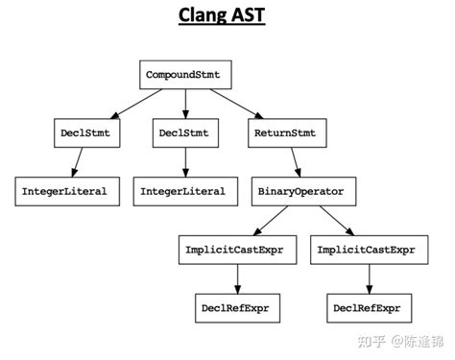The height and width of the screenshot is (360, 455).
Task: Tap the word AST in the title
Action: [249, 14]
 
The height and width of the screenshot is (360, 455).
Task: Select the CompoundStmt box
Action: [185, 75]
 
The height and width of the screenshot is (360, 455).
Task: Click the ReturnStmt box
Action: [287, 133]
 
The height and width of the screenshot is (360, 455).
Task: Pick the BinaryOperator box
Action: [304, 191]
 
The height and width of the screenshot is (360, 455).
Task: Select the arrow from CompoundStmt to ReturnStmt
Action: [237, 104]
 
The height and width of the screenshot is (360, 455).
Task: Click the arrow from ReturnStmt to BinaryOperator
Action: [296, 162]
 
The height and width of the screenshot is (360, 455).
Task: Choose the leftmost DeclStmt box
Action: [87, 133]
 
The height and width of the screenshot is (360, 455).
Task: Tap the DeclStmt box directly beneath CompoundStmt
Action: [185, 133]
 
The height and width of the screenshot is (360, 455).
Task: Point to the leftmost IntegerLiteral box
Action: [67, 191]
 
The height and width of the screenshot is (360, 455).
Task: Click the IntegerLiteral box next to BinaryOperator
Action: [185, 191]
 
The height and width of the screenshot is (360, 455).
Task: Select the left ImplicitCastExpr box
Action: [238, 250]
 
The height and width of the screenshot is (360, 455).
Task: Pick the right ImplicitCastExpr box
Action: [370, 250]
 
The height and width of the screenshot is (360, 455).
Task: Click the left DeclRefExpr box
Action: [238, 308]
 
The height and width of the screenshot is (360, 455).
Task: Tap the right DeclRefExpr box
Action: [370, 308]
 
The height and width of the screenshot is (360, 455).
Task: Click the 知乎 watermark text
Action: [371, 342]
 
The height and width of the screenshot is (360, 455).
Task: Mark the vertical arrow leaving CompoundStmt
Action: [185, 104]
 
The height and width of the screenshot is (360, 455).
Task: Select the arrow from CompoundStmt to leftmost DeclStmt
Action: [136, 104]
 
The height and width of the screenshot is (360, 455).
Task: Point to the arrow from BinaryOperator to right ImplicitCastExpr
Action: [337, 221]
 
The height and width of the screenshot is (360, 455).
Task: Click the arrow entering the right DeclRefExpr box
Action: [370, 279]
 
